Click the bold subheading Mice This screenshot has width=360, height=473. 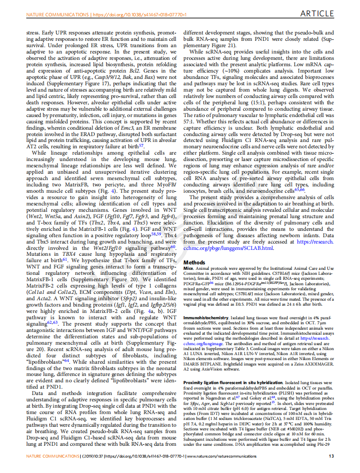tap(188, 268)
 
